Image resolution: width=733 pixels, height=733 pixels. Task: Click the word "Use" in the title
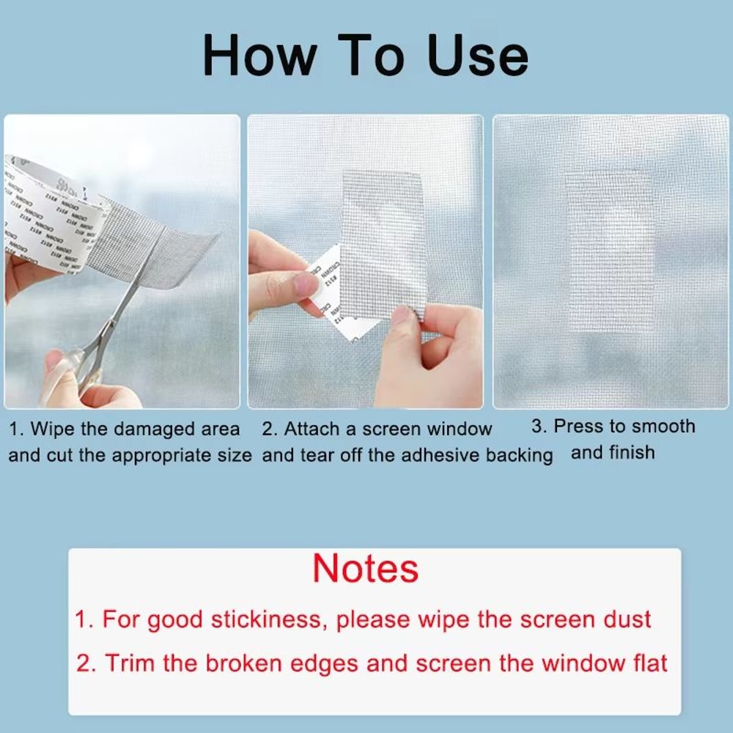coord(478,56)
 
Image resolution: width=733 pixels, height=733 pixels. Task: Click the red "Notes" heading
coord(366,569)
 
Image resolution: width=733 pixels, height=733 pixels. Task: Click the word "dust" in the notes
coord(623,620)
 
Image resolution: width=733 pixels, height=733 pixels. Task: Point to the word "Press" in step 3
coord(579,427)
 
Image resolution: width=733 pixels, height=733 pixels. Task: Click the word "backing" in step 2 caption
coord(520,455)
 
